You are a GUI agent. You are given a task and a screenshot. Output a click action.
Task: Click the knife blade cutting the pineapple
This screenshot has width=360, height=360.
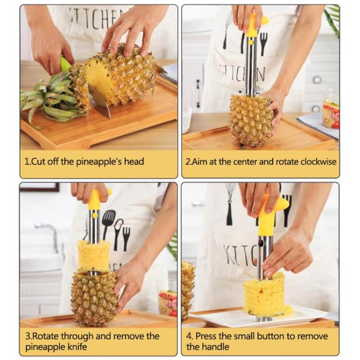coord(100,102)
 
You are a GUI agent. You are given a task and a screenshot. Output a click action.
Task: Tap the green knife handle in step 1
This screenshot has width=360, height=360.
coord(65,64)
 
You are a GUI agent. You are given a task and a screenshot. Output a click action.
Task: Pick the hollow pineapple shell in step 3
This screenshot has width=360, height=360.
coord(94,298)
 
